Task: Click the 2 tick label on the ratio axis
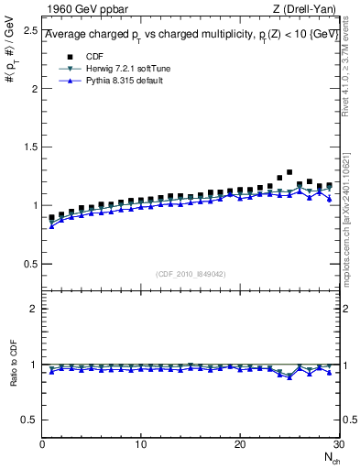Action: pos(32,309)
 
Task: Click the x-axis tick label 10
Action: pos(140,445)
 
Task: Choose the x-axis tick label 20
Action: pos(239,445)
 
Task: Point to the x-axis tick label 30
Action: pos(337,445)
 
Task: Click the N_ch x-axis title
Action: pos(329,458)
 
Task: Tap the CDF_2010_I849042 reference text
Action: pos(191,272)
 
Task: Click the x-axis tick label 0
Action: pos(42,445)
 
